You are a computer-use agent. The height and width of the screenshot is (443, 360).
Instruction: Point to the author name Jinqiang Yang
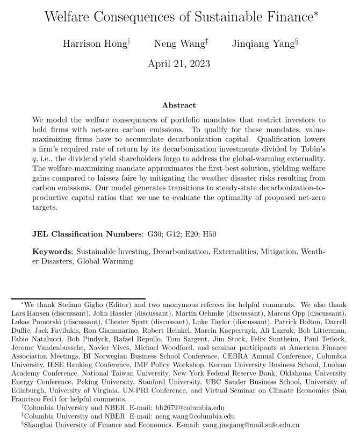tap(263, 44)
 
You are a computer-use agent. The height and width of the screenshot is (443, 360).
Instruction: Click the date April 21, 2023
tap(179, 63)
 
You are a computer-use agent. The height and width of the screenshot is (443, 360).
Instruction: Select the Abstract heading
tap(179, 105)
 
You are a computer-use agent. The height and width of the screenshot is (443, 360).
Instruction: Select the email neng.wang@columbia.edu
tap(195, 416)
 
